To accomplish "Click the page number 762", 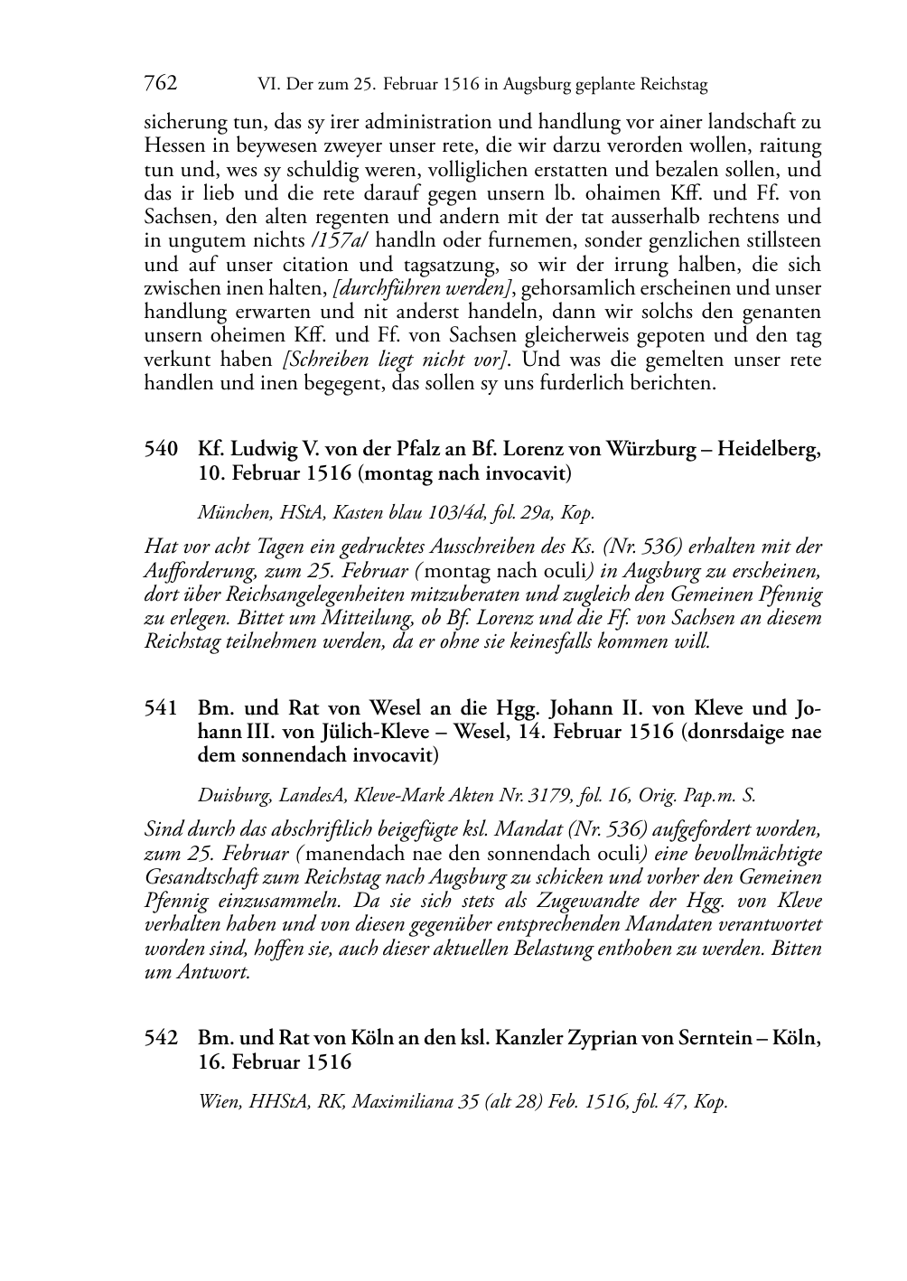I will click(x=160, y=84).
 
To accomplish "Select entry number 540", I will click(x=160, y=449).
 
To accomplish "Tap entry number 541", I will click(x=160, y=707).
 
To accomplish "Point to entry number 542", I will click(x=160, y=1038).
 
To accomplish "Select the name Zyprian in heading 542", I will click(x=601, y=1038).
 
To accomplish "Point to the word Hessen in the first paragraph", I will click(x=173, y=146).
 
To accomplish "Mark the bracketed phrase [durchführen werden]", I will click(x=423, y=288).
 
